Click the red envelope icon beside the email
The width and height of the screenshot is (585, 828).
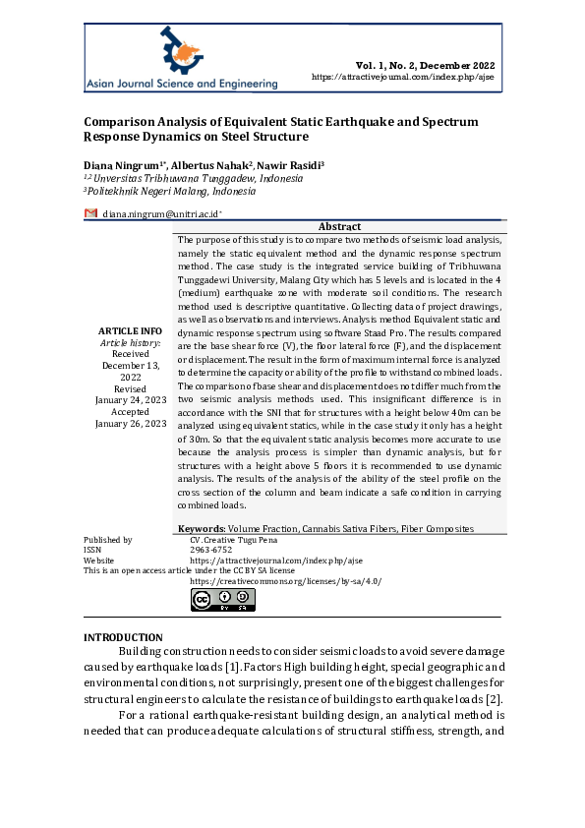[90, 213]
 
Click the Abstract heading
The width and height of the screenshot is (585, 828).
[339, 227]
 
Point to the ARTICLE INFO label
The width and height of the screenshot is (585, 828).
[130, 330]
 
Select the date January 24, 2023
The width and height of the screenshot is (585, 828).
[131, 400]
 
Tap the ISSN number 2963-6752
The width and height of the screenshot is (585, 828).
[208, 550]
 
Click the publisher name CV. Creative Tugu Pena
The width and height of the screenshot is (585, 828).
[235, 540]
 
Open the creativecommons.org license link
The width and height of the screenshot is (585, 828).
[285, 581]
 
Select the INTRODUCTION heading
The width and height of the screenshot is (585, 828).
[123, 638]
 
